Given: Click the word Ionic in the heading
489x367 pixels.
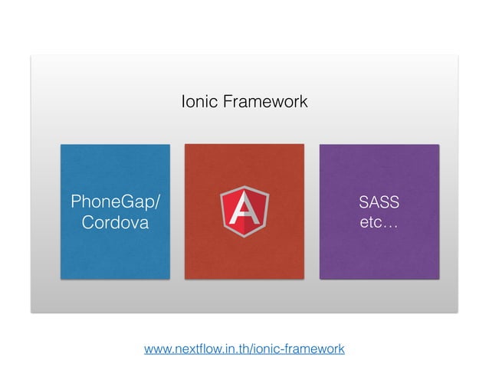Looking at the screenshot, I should click(196, 101).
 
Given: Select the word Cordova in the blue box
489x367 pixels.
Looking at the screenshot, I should click(116, 223).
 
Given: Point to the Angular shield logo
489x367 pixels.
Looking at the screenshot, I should click(244, 211).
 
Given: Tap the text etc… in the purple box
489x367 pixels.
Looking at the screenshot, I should click(379, 224).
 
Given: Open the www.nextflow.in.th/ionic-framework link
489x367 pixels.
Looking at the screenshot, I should click(244, 349).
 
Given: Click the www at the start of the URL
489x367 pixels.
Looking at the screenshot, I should click(157, 349).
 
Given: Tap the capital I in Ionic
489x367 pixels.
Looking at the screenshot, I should click(183, 101).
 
